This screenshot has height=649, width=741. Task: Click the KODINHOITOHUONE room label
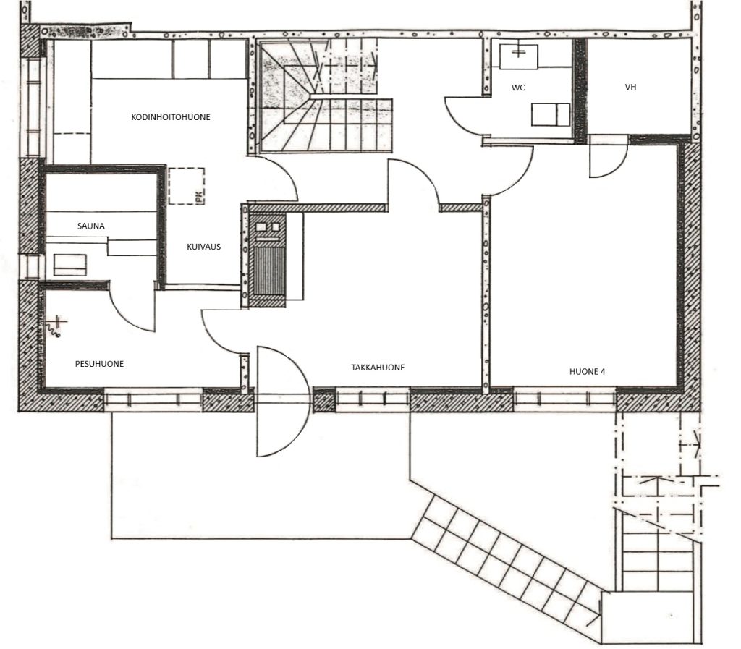click(171, 117)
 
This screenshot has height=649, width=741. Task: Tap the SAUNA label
click(90, 226)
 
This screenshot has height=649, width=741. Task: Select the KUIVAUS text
click(203, 247)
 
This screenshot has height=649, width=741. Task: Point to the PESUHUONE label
click(99, 364)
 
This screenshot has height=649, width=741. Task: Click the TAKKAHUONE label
click(378, 368)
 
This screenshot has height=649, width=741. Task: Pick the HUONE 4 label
click(587, 372)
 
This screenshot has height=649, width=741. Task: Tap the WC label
click(518, 88)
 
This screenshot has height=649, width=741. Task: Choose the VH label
click(630, 87)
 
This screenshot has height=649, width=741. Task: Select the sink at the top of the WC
click(518, 56)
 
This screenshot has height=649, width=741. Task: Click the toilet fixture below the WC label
click(551, 115)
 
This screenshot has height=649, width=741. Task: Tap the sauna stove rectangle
click(70, 265)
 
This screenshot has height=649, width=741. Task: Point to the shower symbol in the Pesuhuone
click(56, 326)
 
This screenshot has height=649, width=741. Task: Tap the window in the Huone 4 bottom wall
click(564, 399)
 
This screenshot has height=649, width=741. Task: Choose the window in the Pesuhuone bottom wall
click(153, 399)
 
